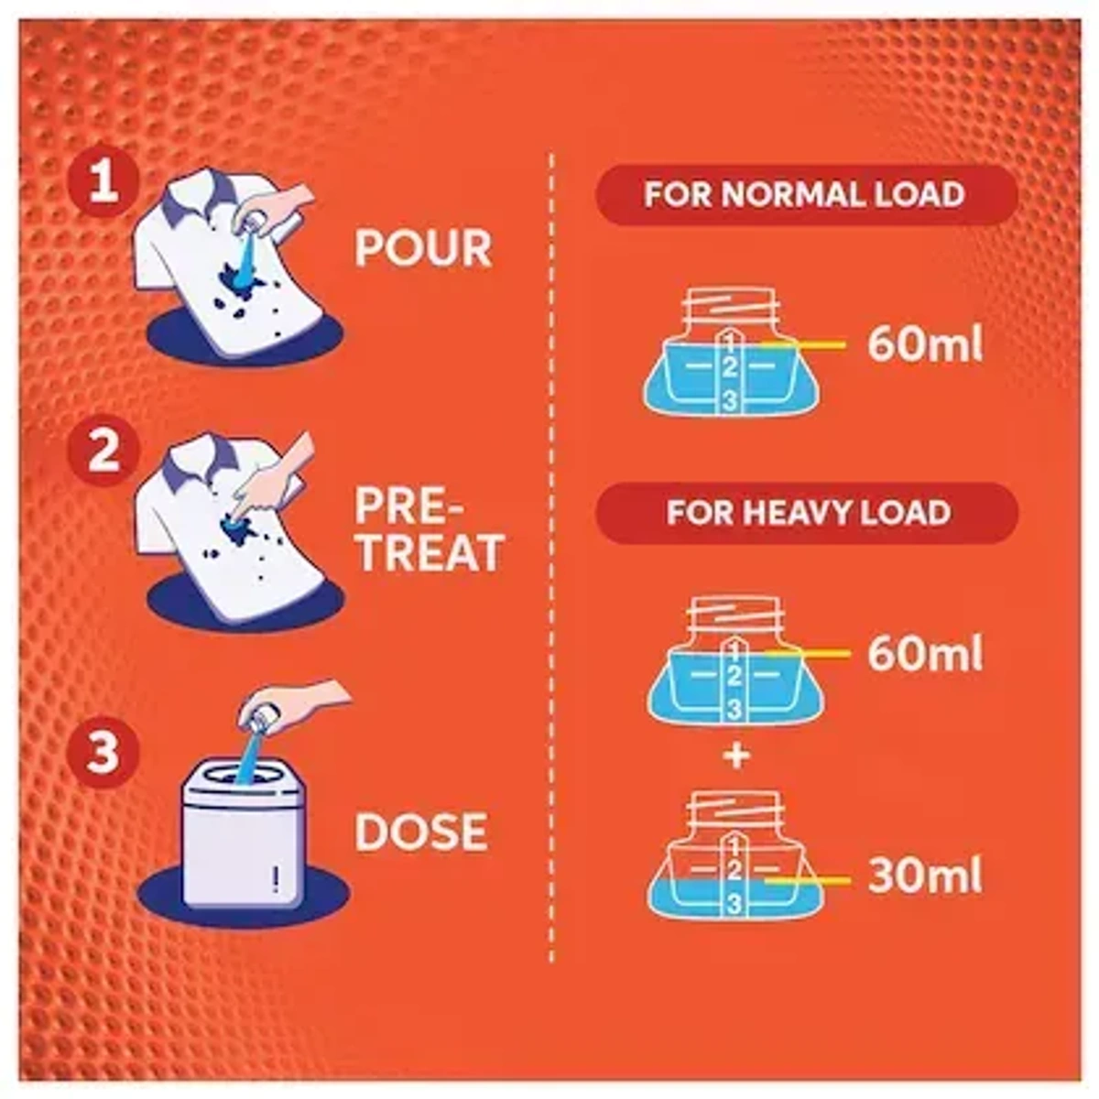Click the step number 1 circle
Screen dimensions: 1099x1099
(103, 185)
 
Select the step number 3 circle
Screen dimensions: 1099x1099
(103, 753)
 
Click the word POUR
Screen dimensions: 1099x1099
(423, 248)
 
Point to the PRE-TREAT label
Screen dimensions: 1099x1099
(429, 530)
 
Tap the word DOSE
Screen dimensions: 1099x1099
(420, 832)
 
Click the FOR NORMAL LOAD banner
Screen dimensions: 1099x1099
(805, 195)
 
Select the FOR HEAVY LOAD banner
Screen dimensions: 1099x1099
(807, 511)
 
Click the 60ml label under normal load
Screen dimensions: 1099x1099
(924, 345)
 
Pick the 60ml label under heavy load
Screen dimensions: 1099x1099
(924, 655)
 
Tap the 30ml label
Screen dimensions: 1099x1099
(924, 876)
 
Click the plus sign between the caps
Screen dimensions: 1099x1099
(736, 756)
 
